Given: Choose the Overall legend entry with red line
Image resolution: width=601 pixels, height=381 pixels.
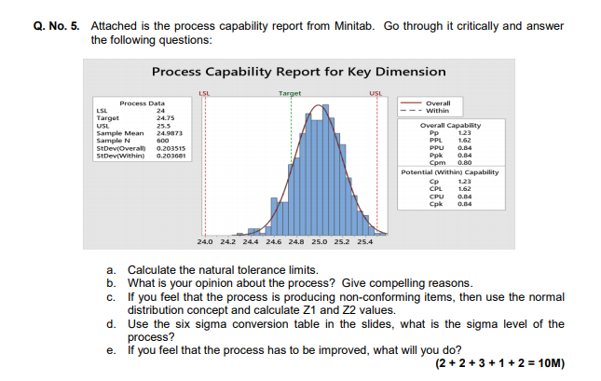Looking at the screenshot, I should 437,102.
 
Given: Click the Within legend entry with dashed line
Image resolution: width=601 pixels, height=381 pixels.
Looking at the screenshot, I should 437,110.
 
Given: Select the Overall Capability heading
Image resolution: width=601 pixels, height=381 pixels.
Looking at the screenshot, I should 451,125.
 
